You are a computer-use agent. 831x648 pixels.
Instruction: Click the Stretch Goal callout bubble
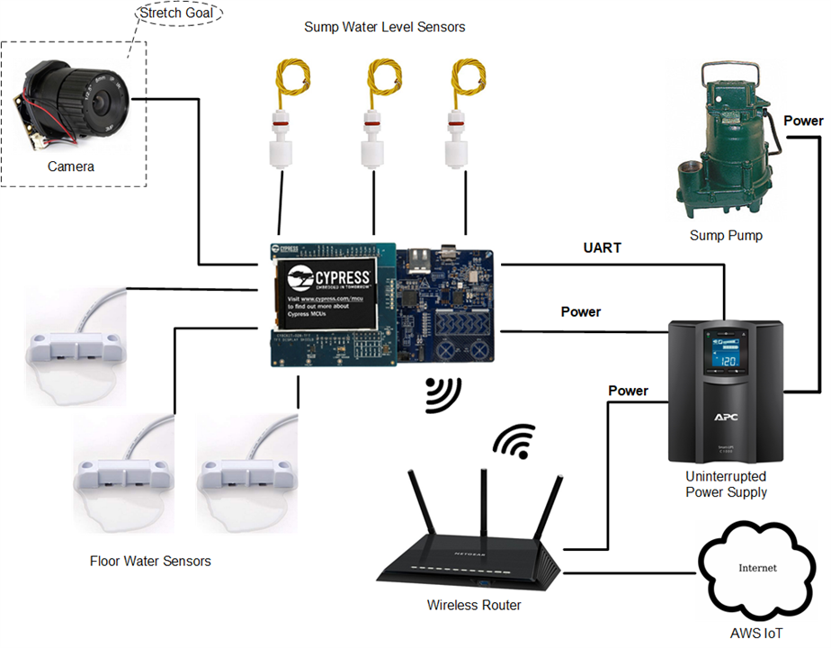178,14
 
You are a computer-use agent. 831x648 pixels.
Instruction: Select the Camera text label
72,166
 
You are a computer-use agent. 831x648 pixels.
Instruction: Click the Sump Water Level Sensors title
385,27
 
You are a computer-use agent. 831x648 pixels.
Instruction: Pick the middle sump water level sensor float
372,139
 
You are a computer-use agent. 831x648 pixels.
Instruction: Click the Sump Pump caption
726,236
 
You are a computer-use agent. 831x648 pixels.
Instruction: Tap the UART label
601,247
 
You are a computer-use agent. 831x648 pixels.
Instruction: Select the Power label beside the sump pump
803,121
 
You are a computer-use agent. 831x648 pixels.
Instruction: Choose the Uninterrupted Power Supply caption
727,483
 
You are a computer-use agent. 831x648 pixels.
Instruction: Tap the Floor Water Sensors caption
150,561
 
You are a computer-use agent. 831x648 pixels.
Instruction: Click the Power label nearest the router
628,391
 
